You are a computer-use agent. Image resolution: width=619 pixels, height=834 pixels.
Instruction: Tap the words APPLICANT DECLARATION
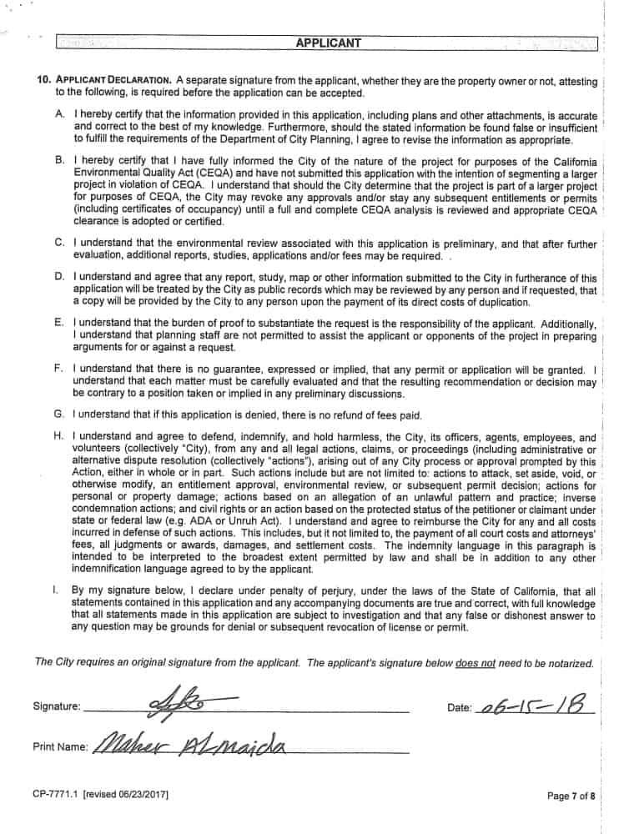tap(113, 81)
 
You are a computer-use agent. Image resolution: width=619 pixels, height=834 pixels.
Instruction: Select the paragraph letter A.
tap(60, 114)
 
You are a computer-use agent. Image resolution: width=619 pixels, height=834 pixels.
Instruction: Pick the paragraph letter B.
tap(60, 160)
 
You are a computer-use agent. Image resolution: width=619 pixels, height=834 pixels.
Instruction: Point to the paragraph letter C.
tap(60, 243)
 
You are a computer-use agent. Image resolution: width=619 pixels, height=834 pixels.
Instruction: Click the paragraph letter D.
tap(60, 278)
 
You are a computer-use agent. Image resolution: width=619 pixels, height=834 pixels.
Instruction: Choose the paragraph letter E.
tap(60, 323)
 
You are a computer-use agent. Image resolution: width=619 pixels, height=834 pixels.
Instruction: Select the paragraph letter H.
tap(60, 436)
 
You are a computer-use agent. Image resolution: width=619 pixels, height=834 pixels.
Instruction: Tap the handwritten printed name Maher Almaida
tap(193, 744)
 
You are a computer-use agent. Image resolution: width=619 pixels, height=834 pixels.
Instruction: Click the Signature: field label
tap(57, 707)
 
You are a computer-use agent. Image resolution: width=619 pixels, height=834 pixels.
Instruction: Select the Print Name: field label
tap(60, 747)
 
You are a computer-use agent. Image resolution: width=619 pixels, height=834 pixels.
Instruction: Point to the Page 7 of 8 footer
tap(571, 796)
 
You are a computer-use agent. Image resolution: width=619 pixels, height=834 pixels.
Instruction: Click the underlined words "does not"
tap(476, 663)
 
